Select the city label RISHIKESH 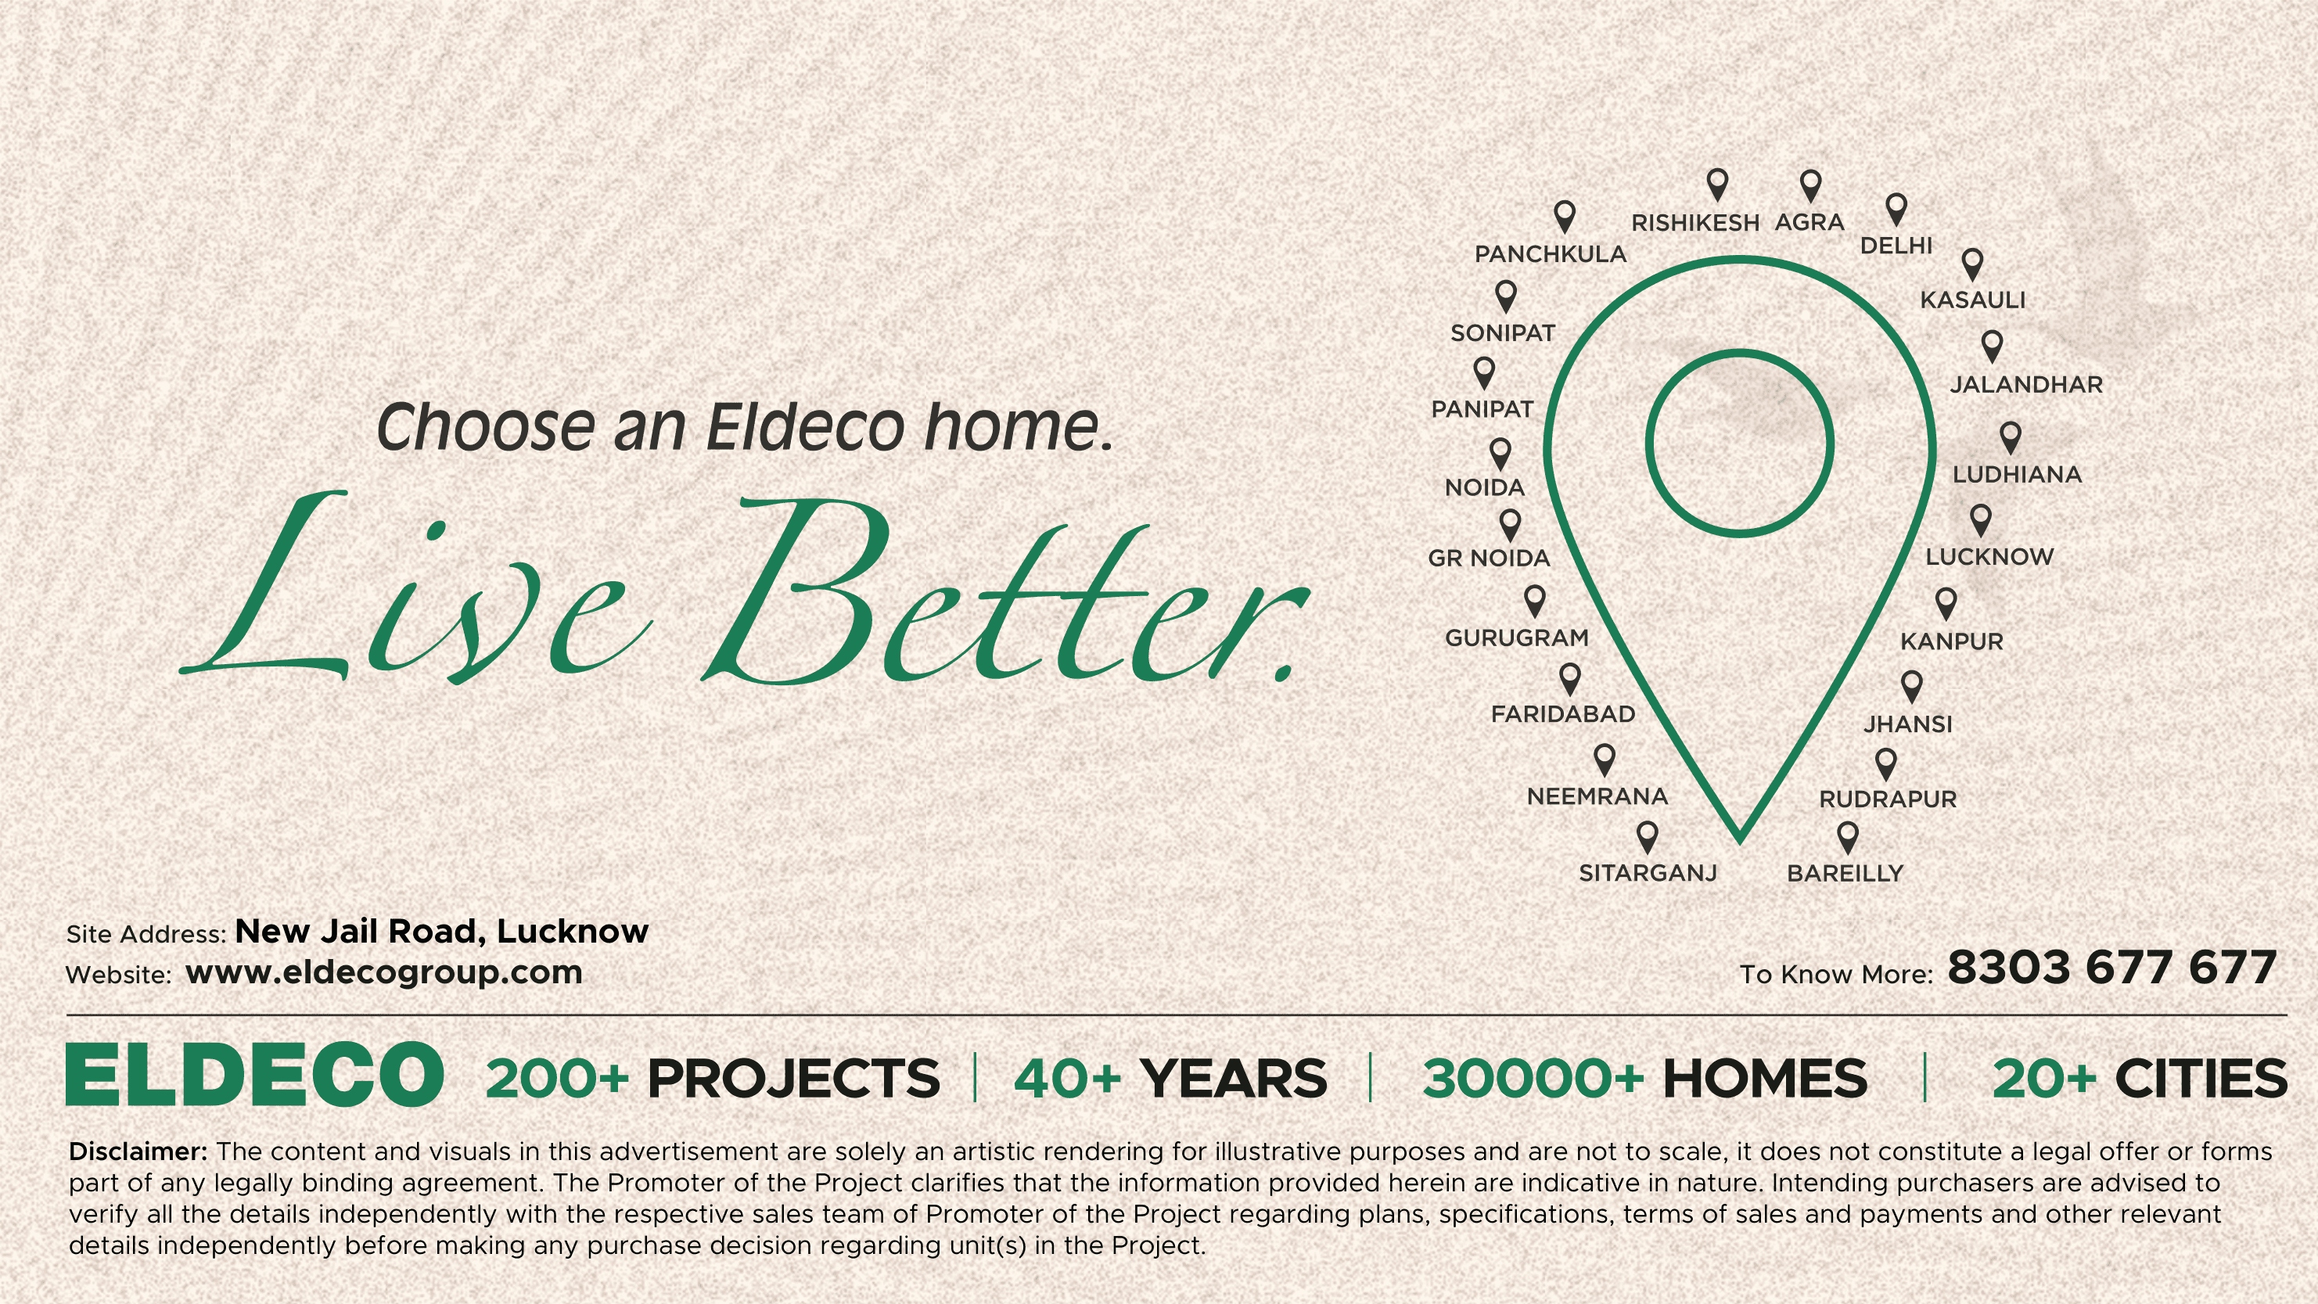click(1695, 222)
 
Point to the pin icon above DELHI click(1896, 210)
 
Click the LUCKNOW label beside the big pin click(1989, 557)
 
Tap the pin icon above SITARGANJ click(1647, 837)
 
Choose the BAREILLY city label click(1845, 873)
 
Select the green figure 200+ click(557, 1078)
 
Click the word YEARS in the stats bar click(1233, 1078)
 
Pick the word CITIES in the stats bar click(2201, 1078)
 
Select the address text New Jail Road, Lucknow click(442, 932)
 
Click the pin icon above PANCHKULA click(1565, 217)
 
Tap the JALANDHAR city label click(2026, 384)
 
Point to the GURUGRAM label click(1517, 638)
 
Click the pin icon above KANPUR click(1946, 604)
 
